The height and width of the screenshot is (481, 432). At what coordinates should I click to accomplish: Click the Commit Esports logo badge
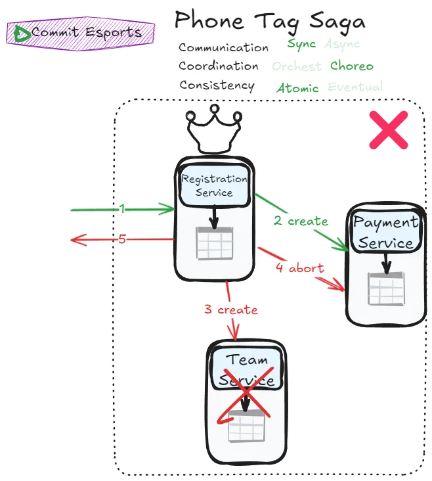(81, 32)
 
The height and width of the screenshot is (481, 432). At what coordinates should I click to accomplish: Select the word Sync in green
(301, 45)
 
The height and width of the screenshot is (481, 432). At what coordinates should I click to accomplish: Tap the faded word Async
(342, 45)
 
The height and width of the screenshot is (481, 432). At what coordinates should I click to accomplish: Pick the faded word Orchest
(297, 66)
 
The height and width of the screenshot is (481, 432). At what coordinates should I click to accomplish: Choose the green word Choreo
(351, 66)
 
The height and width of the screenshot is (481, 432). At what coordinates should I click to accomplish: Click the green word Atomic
(297, 88)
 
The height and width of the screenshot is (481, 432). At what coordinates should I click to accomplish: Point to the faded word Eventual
(355, 87)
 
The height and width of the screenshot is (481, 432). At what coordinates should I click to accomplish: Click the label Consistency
(217, 85)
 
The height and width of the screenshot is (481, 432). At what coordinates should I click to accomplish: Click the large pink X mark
(388, 129)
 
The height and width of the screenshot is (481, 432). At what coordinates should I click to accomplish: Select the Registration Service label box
(214, 185)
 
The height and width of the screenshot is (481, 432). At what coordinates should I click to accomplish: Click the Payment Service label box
(385, 233)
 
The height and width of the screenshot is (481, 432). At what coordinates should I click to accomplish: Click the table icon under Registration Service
(214, 244)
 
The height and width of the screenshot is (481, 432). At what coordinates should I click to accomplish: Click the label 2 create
(301, 221)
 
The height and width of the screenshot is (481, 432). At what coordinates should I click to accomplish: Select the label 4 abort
(299, 268)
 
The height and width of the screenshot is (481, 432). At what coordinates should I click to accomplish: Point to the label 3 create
(230, 309)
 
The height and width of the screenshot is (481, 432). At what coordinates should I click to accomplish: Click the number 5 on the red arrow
(122, 239)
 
